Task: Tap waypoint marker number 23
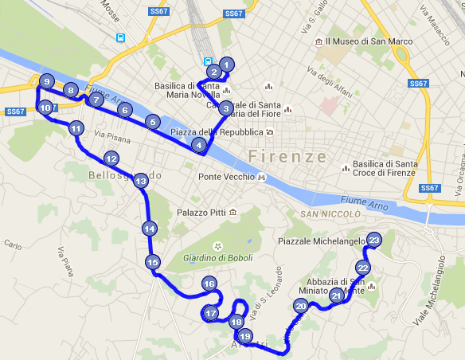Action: tap(374, 240)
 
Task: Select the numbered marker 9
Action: tap(47, 82)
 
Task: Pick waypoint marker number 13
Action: tap(140, 182)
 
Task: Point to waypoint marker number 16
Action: tap(209, 284)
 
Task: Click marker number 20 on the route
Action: tap(300, 306)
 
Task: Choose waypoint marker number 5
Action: tap(151, 122)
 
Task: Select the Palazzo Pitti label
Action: tap(201, 213)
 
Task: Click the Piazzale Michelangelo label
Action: tap(321, 241)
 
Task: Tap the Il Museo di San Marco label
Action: tap(363, 41)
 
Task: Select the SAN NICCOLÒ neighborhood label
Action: tap(330, 214)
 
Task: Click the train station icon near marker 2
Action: tap(207, 60)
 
